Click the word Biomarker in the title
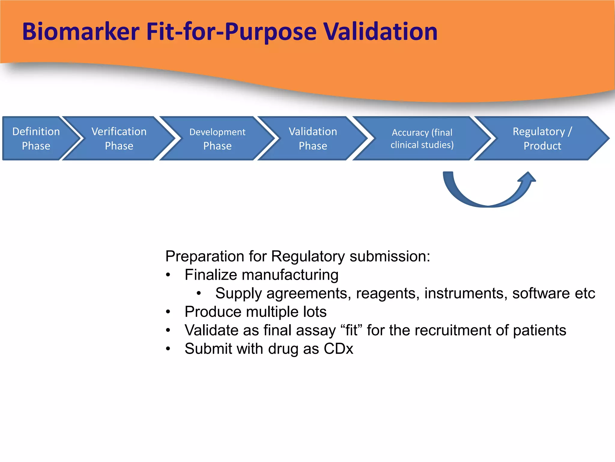click(x=81, y=32)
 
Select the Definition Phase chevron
click(x=36, y=138)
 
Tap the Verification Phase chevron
click(x=119, y=138)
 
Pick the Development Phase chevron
click(x=217, y=138)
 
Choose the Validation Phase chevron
click(x=313, y=138)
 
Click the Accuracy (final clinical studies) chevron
click(x=422, y=138)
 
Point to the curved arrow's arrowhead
click(x=528, y=177)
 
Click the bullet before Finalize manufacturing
click(x=168, y=275)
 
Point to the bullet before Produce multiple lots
click(x=168, y=312)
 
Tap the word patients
click(x=539, y=330)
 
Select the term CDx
click(x=338, y=349)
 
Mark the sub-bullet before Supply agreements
click(x=199, y=294)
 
